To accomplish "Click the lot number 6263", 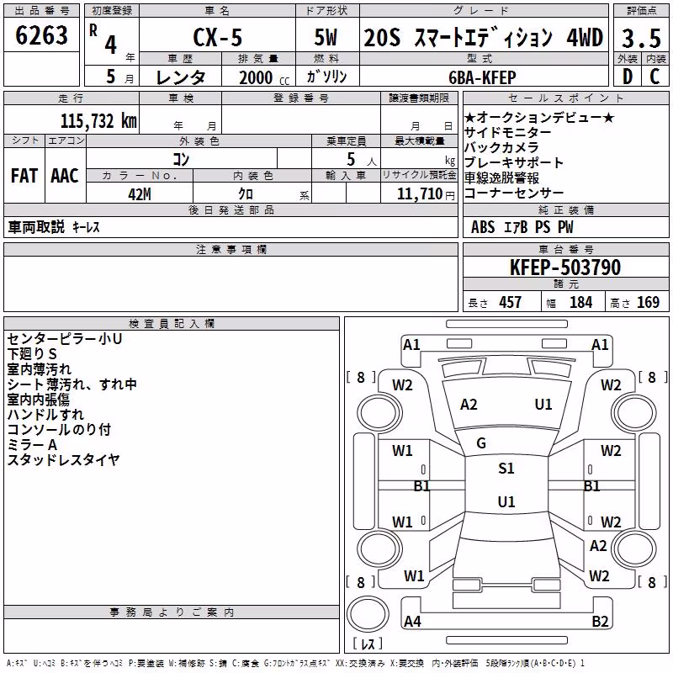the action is tap(41, 35).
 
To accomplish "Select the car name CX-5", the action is tap(218, 37).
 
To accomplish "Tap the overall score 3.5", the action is tap(641, 38).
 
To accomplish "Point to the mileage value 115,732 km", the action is tap(98, 121).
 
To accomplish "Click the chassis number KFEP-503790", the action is tap(565, 268).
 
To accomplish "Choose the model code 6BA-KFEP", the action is tap(482, 77).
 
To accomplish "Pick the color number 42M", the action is tap(140, 194).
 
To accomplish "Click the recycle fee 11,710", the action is tap(420, 194).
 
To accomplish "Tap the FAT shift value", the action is tap(24, 176).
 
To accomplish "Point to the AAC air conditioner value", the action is tap(65, 176).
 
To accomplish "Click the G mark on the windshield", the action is tap(481, 443).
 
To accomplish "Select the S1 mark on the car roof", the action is tap(506, 469).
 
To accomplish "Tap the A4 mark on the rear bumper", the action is tap(412, 621).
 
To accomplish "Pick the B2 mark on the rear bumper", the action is tap(600, 621).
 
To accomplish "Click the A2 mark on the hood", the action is tap(469, 405).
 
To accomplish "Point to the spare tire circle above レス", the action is tap(368, 614).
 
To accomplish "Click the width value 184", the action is tap(580, 303).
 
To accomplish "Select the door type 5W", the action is tap(326, 37).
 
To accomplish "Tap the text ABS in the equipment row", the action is tap(483, 227).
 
